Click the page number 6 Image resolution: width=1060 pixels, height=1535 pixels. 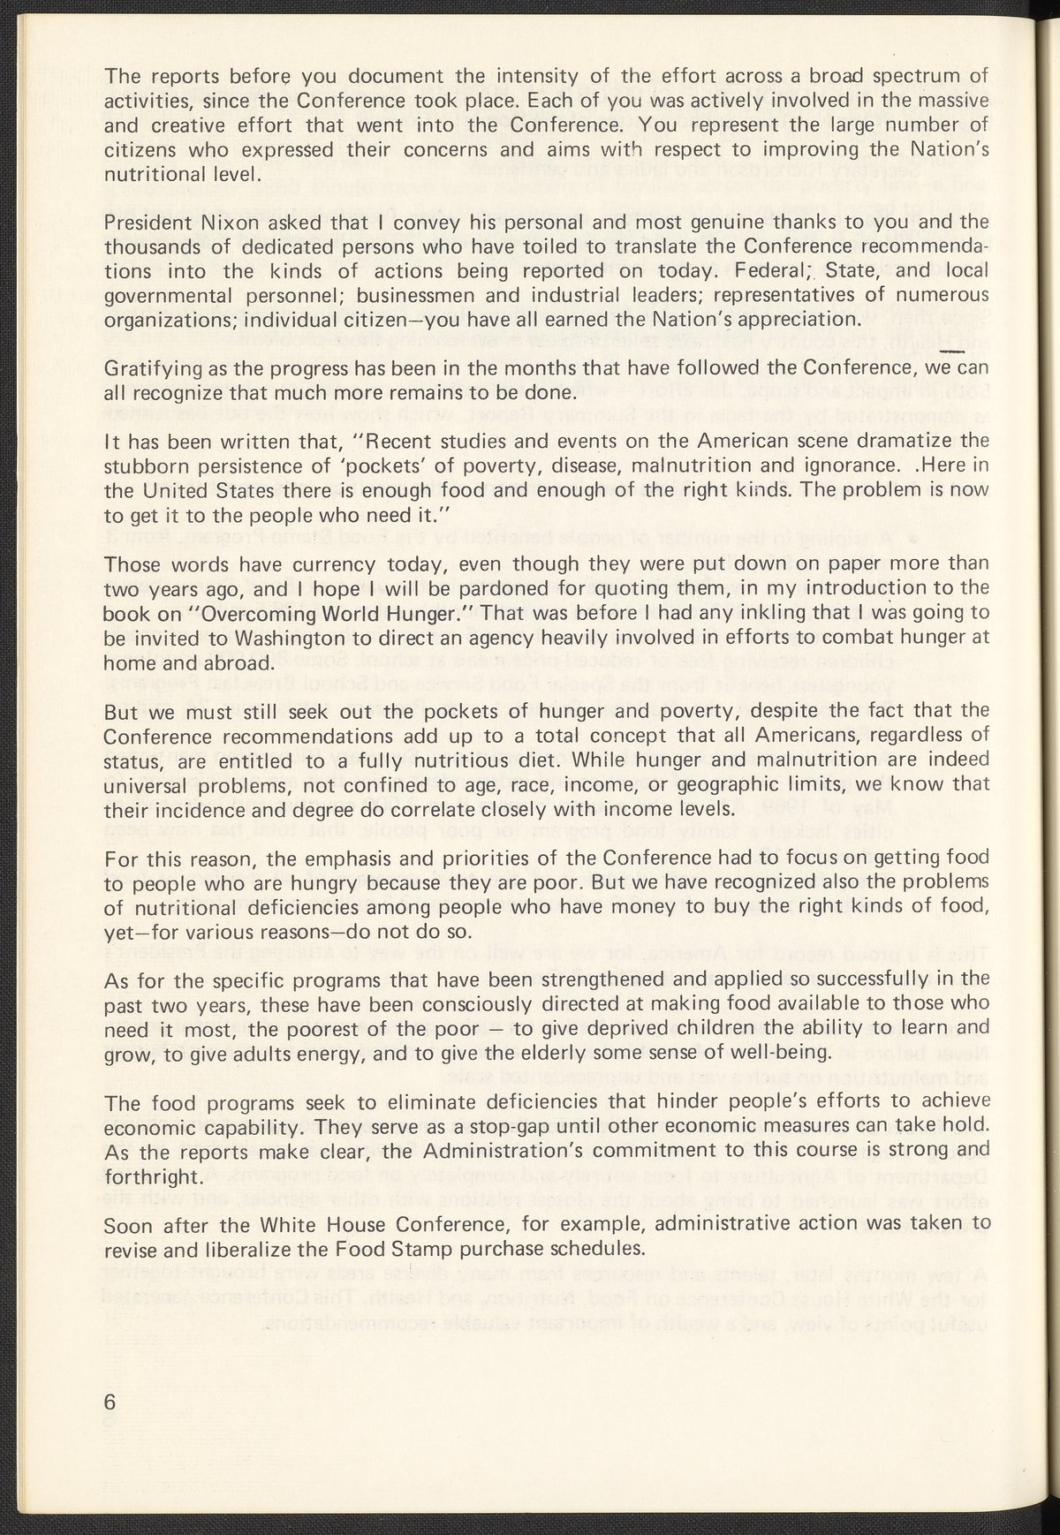[x=110, y=1402]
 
